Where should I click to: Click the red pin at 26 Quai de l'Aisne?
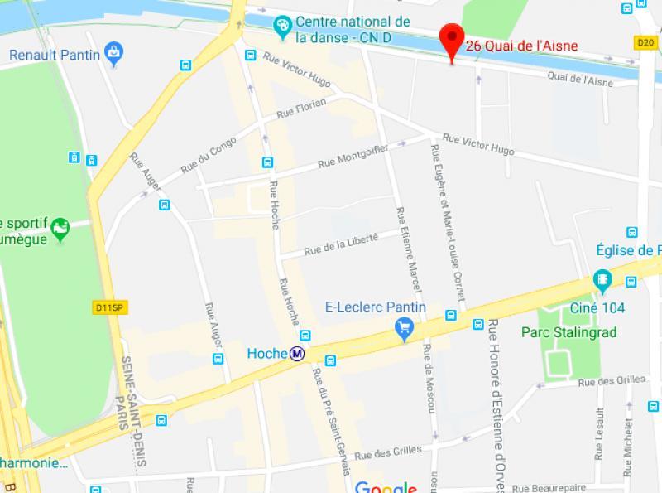point(450,41)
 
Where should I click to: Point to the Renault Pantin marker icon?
point(112,55)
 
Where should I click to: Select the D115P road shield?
point(108,308)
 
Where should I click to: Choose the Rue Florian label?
point(300,108)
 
